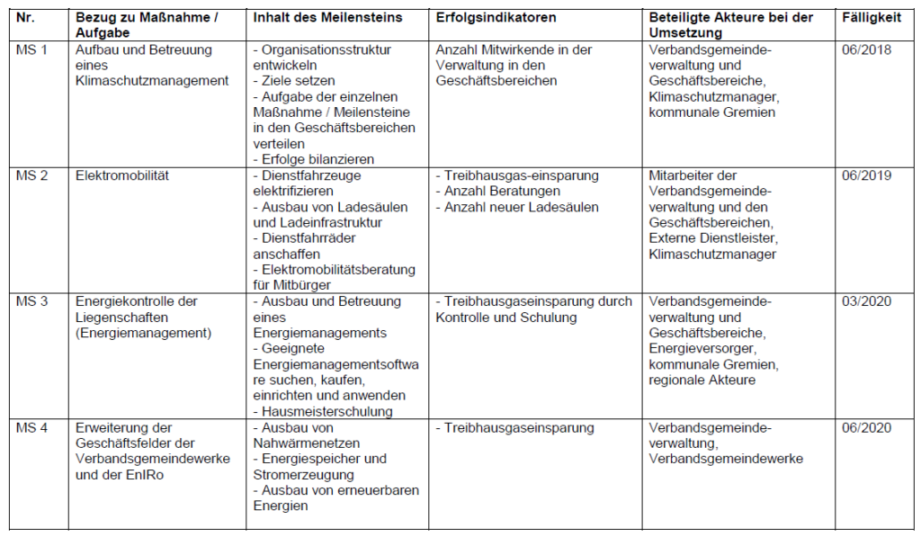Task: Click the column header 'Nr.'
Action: [x=26, y=18]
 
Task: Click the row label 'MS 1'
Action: [x=31, y=49]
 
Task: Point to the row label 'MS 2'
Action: [x=31, y=175]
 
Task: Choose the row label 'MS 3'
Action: [x=31, y=301]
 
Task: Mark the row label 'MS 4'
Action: [x=31, y=427]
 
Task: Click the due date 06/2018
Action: [x=867, y=49]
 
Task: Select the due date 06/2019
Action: [x=867, y=175]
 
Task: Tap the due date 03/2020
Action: [x=867, y=301]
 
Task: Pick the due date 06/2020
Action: [x=867, y=427]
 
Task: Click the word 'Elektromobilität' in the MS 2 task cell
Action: [x=122, y=175]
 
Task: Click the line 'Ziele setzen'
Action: [x=300, y=81]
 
